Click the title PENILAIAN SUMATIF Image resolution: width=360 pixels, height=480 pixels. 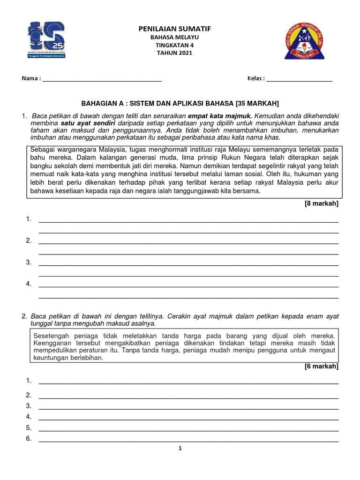tap(174, 29)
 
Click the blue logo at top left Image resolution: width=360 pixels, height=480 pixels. tap(46, 41)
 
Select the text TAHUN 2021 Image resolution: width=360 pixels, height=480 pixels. tap(174, 53)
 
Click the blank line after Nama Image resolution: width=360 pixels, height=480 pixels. tap(102, 79)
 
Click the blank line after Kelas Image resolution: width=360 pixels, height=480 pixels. tap(299, 79)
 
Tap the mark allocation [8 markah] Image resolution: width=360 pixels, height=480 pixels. tap(322, 203)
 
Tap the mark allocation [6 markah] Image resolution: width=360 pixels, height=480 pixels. tap(322, 366)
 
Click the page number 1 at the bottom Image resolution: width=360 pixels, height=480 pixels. tap(180, 449)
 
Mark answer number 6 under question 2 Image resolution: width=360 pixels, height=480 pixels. tap(29, 439)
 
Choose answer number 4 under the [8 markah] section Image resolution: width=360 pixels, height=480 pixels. tap(29, 284)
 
